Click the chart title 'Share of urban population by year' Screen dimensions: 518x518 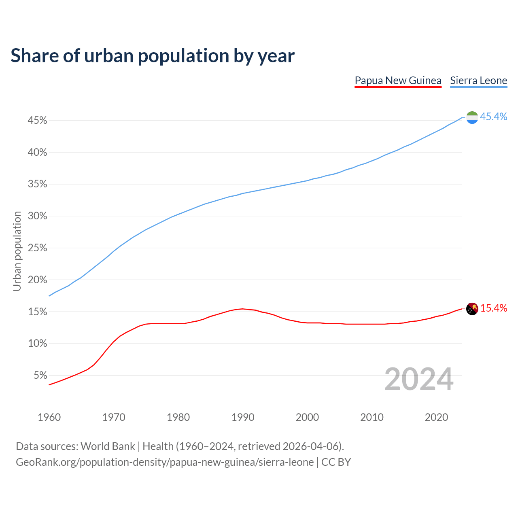tap(153, 56)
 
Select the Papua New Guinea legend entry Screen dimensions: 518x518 tap(398, 81)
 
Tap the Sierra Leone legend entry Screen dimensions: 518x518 tap(478, 81)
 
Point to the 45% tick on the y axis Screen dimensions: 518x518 tap(38, 121)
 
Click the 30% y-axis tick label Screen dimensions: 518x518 tap(38, 216)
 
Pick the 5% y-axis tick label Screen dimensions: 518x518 tap(40, 376)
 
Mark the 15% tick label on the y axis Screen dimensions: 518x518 tap(38, 312)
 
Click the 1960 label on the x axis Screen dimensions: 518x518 tap(49, 417)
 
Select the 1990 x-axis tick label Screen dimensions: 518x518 tap(243, 417)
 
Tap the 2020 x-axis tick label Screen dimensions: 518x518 tap(436, 417)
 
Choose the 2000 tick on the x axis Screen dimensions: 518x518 tap(307, 417)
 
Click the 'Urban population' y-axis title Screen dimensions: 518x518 tap(17, 251)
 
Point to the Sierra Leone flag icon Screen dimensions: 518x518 tap(472, 117)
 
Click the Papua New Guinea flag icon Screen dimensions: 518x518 tap(472, 309)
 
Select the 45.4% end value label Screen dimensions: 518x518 tap(493, 117)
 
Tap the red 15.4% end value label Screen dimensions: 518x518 tap(493, 308)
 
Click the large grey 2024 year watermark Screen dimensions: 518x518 tap(419, 379)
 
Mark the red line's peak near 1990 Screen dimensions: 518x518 tap(242, 309)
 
